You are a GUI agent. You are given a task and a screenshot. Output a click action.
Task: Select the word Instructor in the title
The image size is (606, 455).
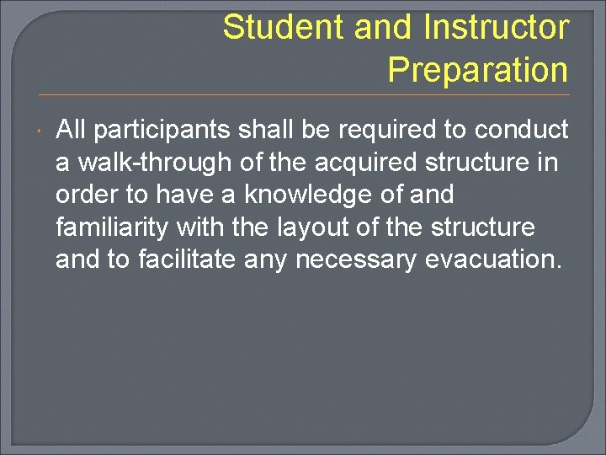click(496, 28)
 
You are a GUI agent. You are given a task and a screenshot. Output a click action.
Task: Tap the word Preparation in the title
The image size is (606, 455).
click(477, 70)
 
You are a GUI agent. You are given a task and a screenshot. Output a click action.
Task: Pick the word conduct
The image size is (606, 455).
click(522, 130)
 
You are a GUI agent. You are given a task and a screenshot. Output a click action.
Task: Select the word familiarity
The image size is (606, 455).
click(113, 227)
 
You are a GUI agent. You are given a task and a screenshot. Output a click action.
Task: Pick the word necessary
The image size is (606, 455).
click(353, 260)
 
